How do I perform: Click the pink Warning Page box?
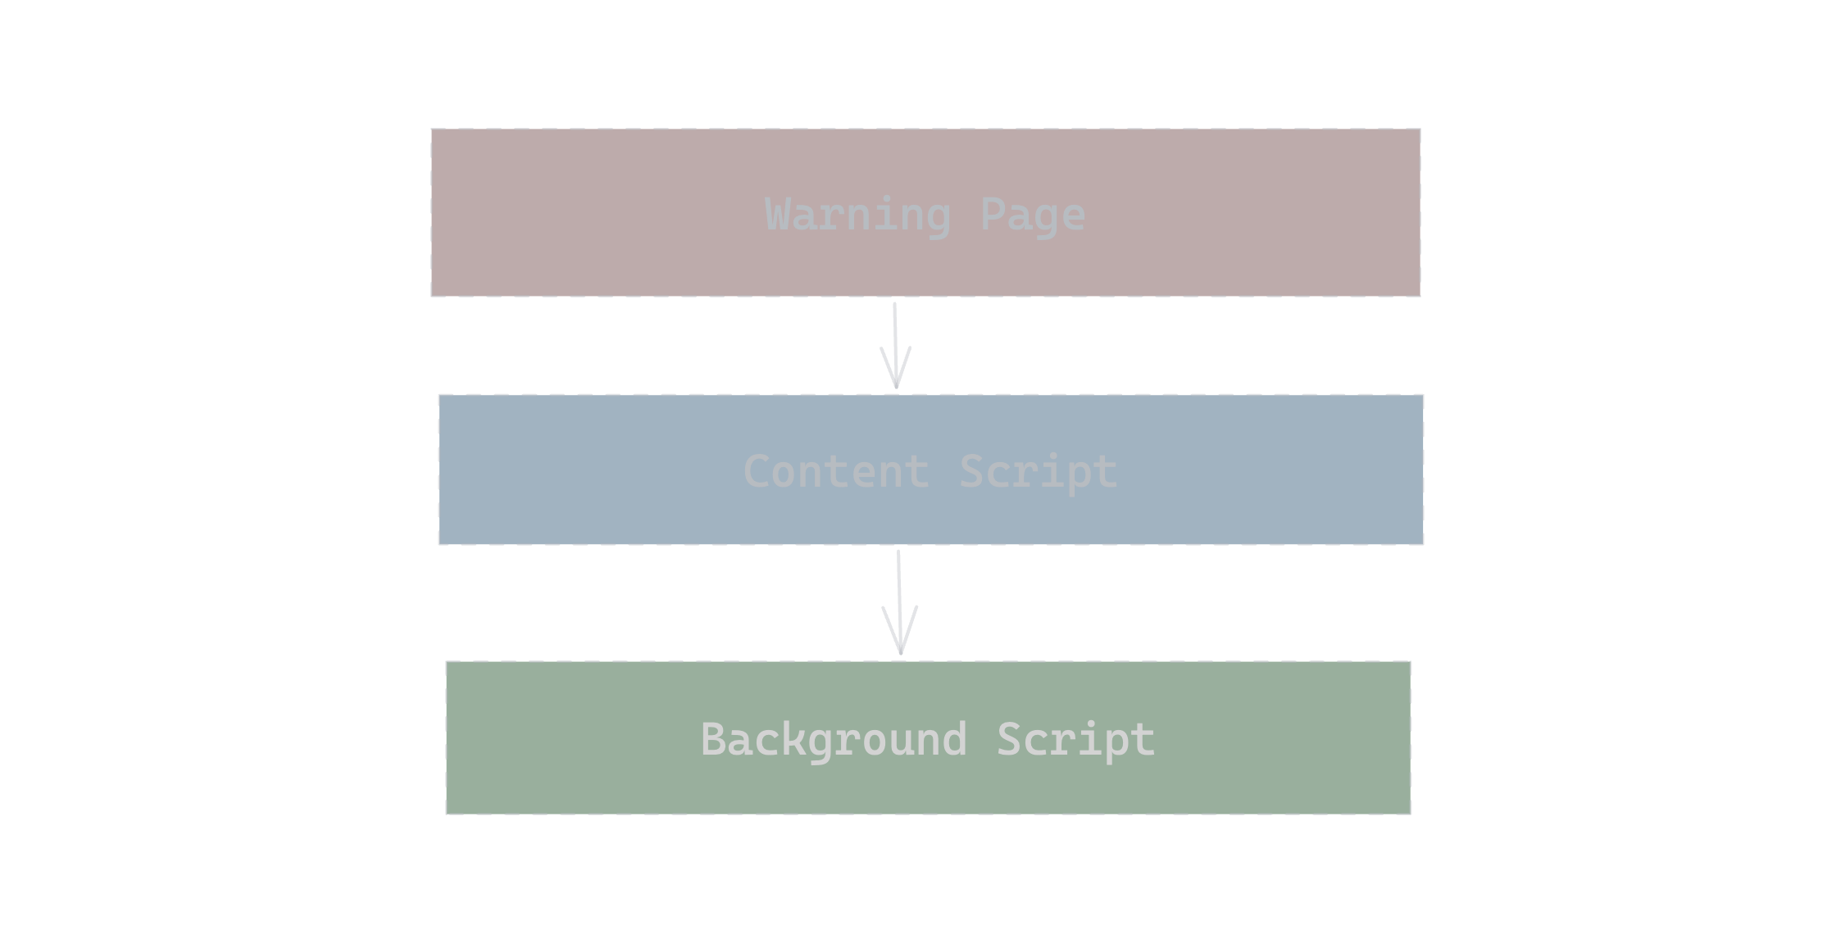(x=925, y=212)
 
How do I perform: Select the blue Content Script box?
(x=930, y=469)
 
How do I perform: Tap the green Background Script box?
(x=928, y=737)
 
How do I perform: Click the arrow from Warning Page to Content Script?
(x=895, y=346)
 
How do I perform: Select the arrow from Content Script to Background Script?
(x=899, y=602)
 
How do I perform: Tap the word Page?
(x=1033, y=216)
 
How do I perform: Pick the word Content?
(x=836, y=472)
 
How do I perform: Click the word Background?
(x=834, y=741)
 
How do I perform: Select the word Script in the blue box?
(x=1038, y=474)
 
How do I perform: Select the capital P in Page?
(x=993, y=215)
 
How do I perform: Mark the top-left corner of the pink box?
(x=431, y=128)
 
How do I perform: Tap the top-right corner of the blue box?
(x=1424, y=394)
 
